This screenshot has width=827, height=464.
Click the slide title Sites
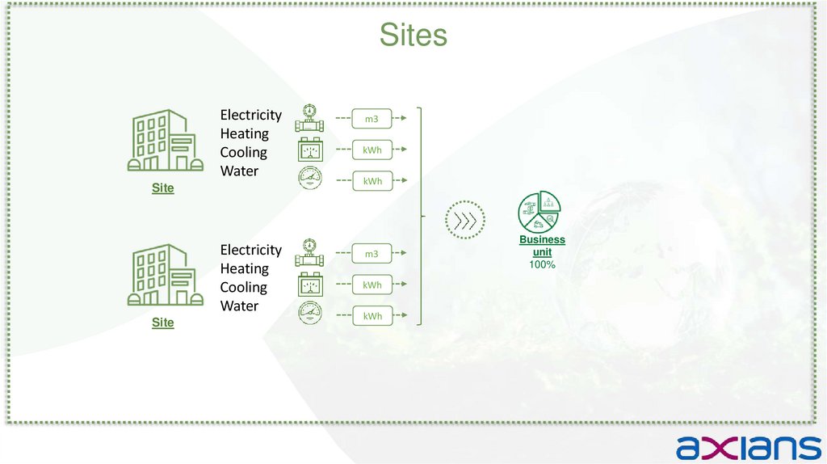point(413,35)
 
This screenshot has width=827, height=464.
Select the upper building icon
point(163,141)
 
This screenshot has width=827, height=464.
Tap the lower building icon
point(163,276)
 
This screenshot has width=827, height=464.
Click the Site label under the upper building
point(163,188)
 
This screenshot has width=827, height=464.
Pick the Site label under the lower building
point(163,323)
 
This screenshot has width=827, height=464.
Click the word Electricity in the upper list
point(251,115)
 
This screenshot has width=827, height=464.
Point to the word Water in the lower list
point(239,306)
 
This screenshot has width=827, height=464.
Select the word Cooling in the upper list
point(243,152)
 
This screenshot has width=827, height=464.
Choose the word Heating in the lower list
point(244,268)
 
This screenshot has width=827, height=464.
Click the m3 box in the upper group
point(372,120)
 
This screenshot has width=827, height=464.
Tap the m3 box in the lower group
point(372,255)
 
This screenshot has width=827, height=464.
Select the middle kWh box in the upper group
point(372,150)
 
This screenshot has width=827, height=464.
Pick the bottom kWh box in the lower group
point(372,316)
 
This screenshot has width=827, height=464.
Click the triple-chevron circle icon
point(465,221)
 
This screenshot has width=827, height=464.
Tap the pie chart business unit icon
point(539,212)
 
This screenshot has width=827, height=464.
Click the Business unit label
point(542,246)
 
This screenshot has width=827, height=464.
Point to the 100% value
point(542,264)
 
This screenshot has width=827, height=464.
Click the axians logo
point(748,446)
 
